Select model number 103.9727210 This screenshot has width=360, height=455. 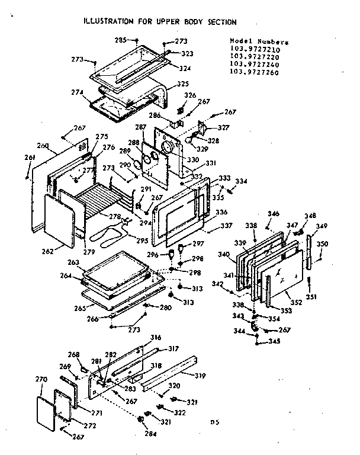(255, 49)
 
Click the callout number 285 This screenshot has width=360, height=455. (121, 40)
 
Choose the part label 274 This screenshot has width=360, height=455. (77, 92)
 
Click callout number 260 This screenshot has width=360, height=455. (42, 145)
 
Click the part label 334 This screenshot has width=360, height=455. (242, 181)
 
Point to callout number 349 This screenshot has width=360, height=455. (321, 226)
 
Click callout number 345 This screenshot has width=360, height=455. (274, 341)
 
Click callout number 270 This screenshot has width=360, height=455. (41, 378)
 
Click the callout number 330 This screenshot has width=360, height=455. (193, 160)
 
